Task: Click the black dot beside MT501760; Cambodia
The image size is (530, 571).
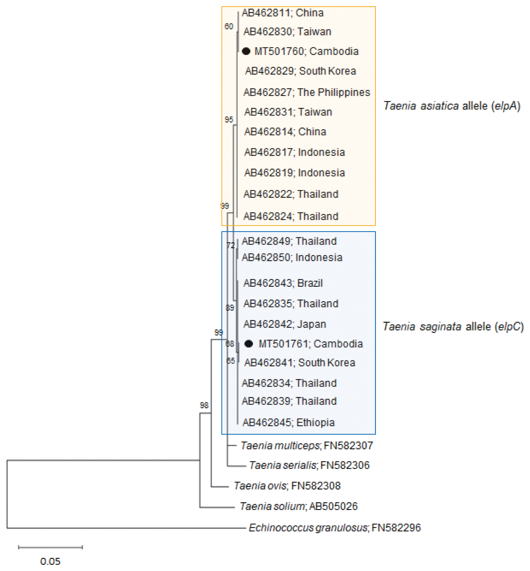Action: pos(246,51)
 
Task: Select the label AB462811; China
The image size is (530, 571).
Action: pos(283,13)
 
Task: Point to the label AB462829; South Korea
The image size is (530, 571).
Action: pos(300,71)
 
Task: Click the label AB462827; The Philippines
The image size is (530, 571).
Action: pos(307,92)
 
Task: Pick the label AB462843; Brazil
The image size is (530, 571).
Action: pos(283,283)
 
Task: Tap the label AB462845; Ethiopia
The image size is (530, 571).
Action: pos(289,423)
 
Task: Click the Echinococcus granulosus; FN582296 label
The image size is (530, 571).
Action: pos(334,528)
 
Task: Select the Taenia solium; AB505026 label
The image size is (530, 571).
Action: pos(299,506)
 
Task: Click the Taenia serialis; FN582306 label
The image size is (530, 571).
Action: pos(309,465)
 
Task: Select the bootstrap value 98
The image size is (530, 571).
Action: pos(204,405)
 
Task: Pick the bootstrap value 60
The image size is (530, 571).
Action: pos(229,26)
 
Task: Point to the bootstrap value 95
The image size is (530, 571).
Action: pos(229,120)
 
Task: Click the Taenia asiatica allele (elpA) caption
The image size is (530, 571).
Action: pos(452,106)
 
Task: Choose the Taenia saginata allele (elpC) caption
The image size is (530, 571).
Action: pos(453,327)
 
